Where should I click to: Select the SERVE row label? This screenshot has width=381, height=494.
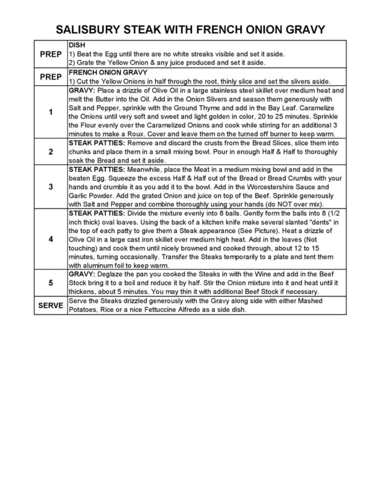point(51,305)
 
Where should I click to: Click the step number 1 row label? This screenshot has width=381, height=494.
point(51,112)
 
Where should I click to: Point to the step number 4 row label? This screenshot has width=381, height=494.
point(51,239)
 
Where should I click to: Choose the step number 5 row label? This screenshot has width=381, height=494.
point(51,283)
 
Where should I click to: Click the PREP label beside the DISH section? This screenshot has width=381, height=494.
point(51,54)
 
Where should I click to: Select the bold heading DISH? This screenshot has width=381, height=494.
point(77,45)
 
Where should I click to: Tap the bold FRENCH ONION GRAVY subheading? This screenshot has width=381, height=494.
point(108,73)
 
